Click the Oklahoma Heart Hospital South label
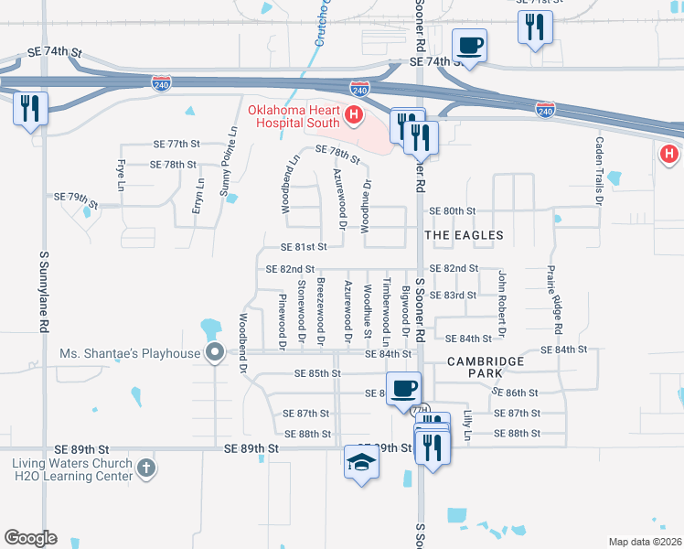tap(293, 116)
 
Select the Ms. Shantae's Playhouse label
tap(129, 353)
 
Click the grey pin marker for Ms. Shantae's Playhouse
tap(216, 353)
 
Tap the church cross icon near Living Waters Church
tap(144, 468)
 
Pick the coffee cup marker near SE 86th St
tap(403, 388)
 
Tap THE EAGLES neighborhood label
tap(464, 236)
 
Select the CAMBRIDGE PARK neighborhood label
tap(486, 368)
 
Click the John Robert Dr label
tap(501, 299)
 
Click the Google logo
tap(30, 538)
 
